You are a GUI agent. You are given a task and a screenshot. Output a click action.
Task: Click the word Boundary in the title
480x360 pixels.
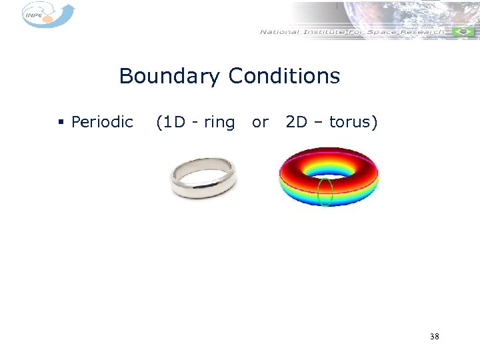tap(169, 77)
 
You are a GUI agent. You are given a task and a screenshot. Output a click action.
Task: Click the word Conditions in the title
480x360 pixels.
tap(284, 76)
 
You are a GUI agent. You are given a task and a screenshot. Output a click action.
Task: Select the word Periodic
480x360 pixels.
tap(102, 122)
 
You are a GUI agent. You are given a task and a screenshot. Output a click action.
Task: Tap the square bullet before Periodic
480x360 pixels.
tap(61, 123)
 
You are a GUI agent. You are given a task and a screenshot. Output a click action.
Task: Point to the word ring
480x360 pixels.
tap(219, 123)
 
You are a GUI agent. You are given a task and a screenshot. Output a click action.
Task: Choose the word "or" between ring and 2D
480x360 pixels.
tap(260, 122)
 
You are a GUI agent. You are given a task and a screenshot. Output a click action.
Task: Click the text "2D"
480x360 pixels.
tap(297, 122)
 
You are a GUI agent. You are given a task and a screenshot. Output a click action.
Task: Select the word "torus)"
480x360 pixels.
tap(353, 122)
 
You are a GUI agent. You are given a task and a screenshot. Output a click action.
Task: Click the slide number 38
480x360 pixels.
tap(434, 337)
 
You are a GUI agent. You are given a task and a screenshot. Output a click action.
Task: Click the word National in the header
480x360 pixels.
tap(281, 31)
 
